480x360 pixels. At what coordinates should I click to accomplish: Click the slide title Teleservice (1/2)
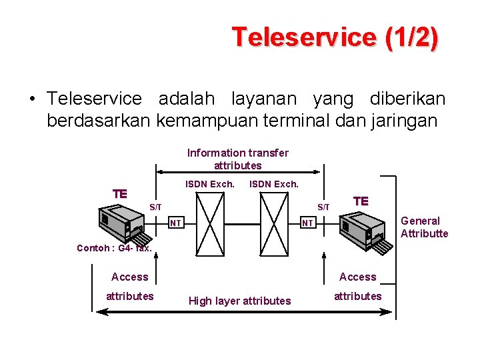click(x=335, y=37)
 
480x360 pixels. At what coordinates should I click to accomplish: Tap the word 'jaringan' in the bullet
click(x=403, y=121)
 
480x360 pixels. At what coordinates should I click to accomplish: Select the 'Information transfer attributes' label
click(x=238, y=159)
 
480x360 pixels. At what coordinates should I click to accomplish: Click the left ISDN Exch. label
click(x=209, y=184)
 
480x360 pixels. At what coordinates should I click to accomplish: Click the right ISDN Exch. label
click(x=273, y=184)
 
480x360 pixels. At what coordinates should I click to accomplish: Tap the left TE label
click(x=120, y=194)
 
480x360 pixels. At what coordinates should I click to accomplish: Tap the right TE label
click(x=361, y=201)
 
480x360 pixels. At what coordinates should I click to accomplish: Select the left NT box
click(x=175, y=223)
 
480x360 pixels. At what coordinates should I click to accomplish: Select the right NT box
click(x=307, y=223)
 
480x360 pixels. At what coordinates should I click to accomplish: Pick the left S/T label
click(x=155, y=207)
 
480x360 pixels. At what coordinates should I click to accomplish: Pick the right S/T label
click(x=323, y=207)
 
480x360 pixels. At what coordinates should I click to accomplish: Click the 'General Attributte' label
click(x=424, y=227)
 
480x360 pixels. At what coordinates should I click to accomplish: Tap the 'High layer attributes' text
click(x=240, y=301)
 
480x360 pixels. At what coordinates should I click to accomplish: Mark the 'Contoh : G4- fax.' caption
click(x=115, y=248)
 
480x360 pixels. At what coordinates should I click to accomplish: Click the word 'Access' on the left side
click(x=130, y=277)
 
